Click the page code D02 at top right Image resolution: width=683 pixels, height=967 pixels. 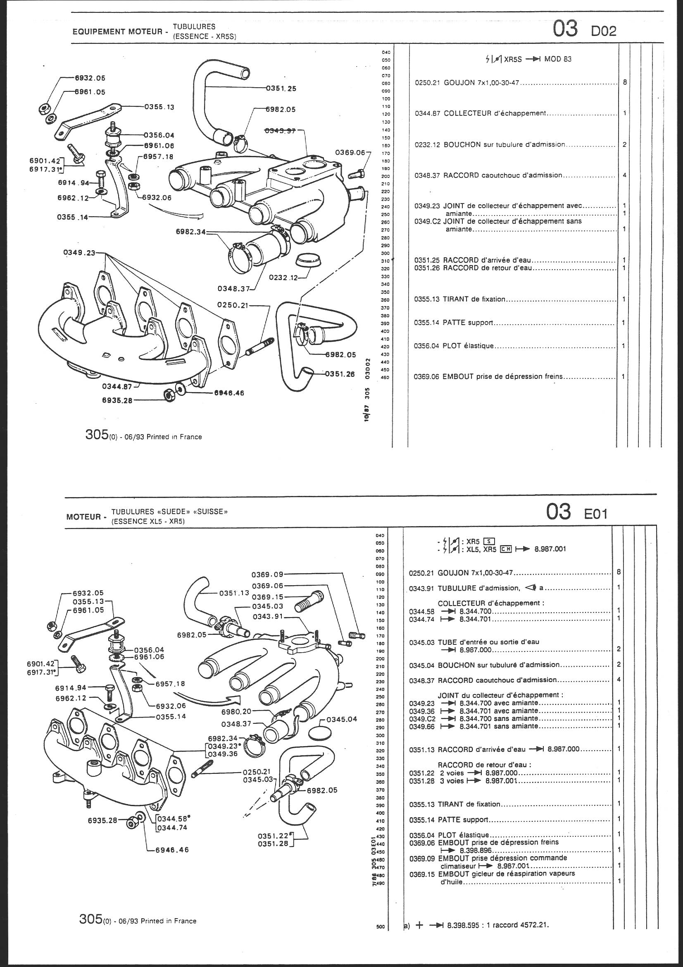[604, 31]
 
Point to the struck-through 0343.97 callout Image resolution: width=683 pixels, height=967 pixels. [281, 131]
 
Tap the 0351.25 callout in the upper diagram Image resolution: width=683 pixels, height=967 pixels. [281, 89]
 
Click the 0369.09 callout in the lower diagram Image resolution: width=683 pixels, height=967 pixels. [267, 574]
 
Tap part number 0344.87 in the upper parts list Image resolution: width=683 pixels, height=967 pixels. [427, 113]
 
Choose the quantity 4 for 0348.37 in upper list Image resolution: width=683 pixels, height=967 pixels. [624, 175]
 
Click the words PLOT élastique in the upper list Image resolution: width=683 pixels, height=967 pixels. [468, 346]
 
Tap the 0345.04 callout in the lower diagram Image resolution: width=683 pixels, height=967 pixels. [342, 719]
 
